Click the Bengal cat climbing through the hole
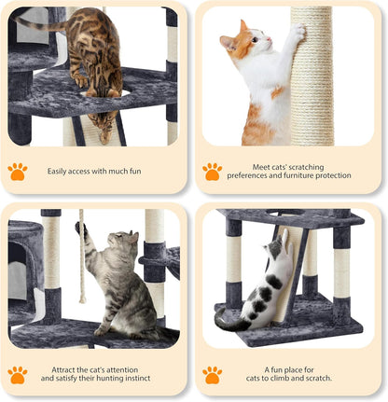point(96,56)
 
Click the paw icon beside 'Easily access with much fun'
point(18,172)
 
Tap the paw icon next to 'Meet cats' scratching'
point(214,172)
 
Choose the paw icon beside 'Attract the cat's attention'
point(18,374)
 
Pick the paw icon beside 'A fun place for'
point(214,374)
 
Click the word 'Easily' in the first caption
point(60,172)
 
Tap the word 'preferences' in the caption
point(248,175)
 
